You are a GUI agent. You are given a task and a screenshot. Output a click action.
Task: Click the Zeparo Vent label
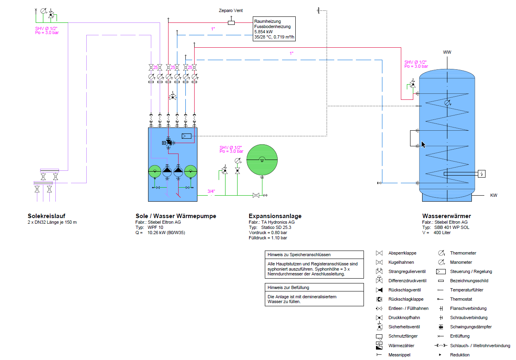coord(231,11)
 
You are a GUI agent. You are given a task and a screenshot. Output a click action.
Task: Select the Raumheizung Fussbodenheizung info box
coord(274,29)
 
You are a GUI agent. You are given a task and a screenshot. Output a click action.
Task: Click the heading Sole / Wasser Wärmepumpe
coord(176,216)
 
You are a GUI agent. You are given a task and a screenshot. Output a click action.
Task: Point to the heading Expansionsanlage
coord(275,216)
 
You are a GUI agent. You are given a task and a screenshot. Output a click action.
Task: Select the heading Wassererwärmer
coord(446,216)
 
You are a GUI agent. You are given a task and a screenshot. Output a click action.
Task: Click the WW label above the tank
coord(447,53)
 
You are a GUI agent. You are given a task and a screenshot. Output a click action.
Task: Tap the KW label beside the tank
coord(494,196)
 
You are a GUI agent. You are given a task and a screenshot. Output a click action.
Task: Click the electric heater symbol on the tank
coord(482,174)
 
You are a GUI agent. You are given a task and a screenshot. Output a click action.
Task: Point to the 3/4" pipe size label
coord(211,191)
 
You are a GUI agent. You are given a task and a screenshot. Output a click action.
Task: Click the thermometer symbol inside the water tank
coord(447,103)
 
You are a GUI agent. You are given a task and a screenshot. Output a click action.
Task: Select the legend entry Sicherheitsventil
coord(402,327)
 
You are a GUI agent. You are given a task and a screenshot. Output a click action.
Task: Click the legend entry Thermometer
coord(463,253)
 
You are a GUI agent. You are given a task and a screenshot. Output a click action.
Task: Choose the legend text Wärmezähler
coord(401,345)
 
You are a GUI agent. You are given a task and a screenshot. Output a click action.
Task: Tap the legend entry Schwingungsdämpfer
coord(471,327)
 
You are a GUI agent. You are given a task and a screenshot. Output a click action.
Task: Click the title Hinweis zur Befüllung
coord(288,287)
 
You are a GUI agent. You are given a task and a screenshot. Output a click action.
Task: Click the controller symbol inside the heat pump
coord(187,136)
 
